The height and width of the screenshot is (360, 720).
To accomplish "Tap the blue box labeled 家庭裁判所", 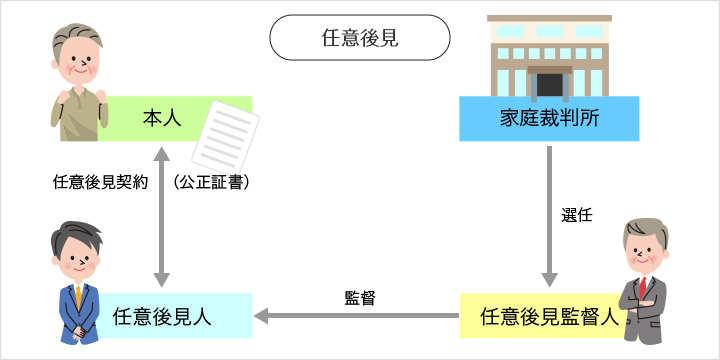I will [x=548, y=118].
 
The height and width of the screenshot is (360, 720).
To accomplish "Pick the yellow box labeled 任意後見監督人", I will [x=540, y=316].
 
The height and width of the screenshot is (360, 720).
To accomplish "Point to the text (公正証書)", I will [x=210, y=183].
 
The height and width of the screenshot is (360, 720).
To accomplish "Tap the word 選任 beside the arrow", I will [x=578, y=215].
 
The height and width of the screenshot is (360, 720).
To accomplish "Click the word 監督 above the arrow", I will [x=360, y=297].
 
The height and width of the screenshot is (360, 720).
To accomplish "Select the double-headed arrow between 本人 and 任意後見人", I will [x=160, y=215].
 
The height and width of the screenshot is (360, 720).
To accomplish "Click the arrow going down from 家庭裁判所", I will [x=549, y=215].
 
